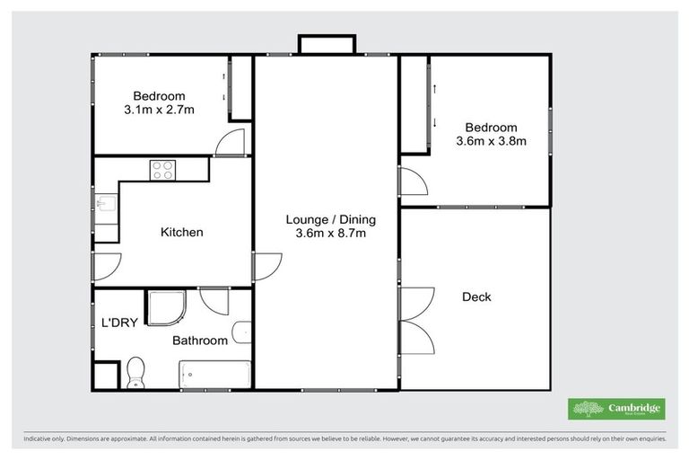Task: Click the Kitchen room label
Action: [181, 232]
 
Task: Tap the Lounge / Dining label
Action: [330, 219]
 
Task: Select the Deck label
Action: [476, 296]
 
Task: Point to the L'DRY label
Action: [119, 323]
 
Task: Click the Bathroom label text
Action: [198, 341]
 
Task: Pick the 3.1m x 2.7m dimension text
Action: [159, 110]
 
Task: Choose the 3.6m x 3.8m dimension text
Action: [491, 141]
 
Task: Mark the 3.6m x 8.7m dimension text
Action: [330, 234]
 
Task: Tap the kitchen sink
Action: [105, 209]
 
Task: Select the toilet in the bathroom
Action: [136, 370]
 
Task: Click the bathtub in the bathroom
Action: [214, 374]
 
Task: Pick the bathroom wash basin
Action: [240, 332]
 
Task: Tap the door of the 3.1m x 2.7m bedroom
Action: [231, 142]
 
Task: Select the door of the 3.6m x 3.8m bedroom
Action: [414, 182]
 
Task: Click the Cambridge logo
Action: [616, 410]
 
